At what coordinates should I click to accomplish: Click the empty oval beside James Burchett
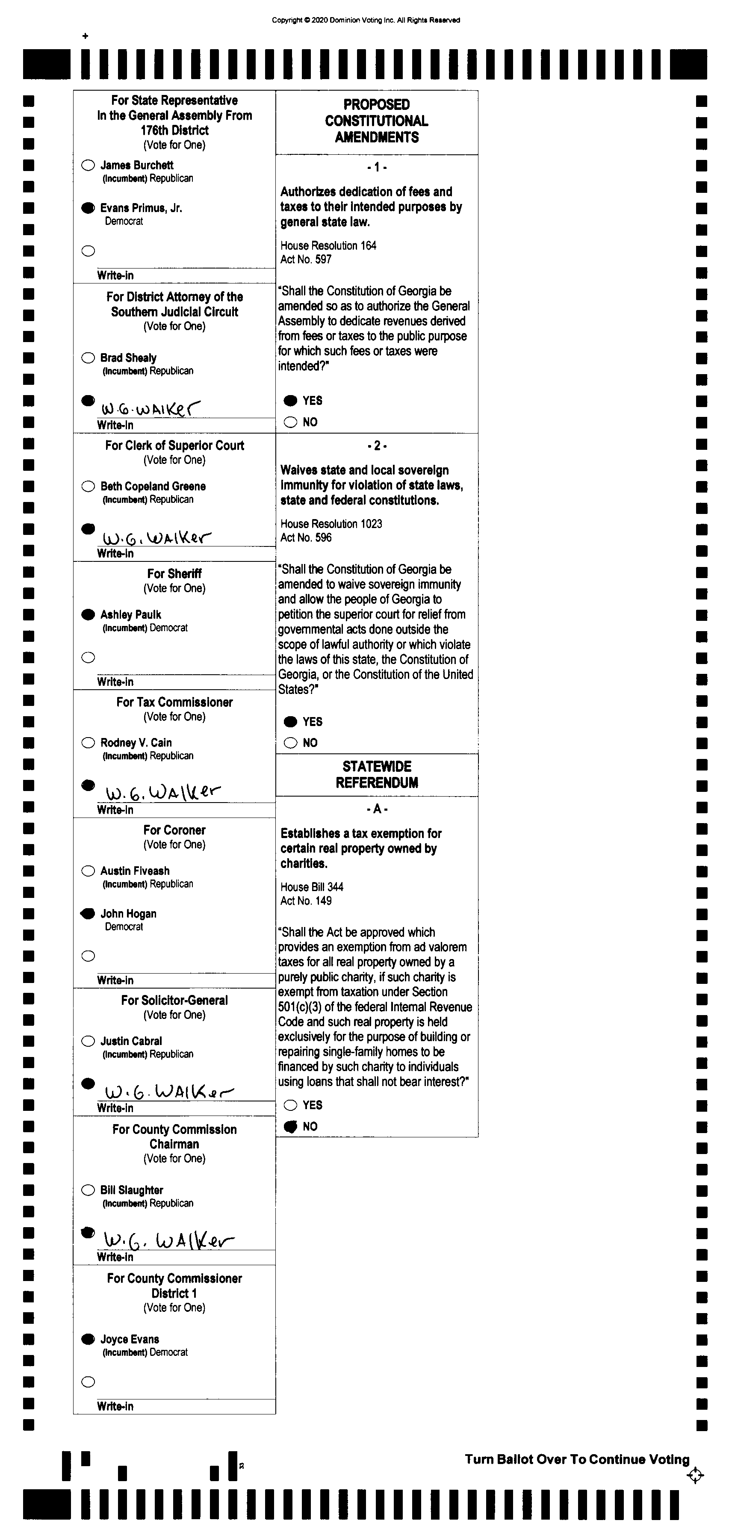point(88,165)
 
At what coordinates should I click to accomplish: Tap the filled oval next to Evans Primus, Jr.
point(88,208)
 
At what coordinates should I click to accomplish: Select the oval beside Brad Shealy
point(88,357)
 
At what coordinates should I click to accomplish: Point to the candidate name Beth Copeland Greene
point(153,486)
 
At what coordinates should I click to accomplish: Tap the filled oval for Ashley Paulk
point(88,614)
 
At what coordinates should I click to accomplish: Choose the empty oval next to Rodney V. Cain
point(88,743)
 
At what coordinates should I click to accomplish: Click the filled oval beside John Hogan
point(88,913)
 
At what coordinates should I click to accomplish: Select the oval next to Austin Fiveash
point(88,871)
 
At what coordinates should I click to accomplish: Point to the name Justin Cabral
point(131,1041)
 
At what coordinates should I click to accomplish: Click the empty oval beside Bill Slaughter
point(88,1190)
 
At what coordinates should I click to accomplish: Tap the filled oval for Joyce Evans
point(88,1339)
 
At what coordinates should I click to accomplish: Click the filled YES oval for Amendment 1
point(291,401)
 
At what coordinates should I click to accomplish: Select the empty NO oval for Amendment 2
point(291,743)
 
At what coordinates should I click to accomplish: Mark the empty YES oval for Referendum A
point(291,1105)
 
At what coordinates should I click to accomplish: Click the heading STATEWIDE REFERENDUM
point(377,774)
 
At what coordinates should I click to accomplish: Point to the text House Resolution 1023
point(331,524)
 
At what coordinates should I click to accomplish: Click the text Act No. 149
point(306,900)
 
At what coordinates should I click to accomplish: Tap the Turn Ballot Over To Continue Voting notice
point(577,1459)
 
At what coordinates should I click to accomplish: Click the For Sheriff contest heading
point(174,574)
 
